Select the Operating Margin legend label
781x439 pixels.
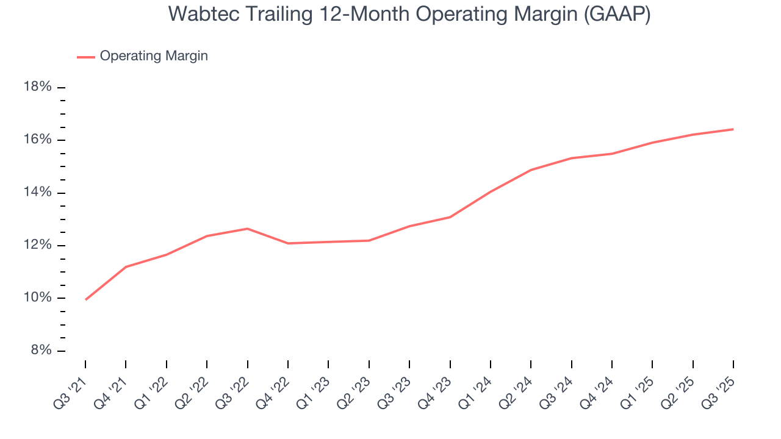pyautogui.click(x=154, y=56)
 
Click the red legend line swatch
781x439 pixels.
pyautogui.click(x=85, y=57)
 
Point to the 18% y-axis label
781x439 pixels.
pyautogui.click(x=37, y=87)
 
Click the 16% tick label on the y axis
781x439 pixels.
pyautogui.click(x=37, y=140)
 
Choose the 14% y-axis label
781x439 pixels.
pyautogui.click(x=37, y=193)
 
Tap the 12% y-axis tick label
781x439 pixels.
pyautogui.click(x=37, y=245)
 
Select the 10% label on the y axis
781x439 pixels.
pyautogui.click(x=37, y=298)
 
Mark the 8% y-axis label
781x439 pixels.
pyautogui.click(x=40, y=351)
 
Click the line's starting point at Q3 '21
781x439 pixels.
pyautogui.click(x=85, y=299)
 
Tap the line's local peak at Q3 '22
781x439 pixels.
pyautogui.click(x=247, y=229)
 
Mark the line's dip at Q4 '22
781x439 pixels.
pyautogui.click(x=288, y=243)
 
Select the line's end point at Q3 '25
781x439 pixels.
pyautogui.click(x=733, y=129)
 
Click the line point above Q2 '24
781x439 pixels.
pyautogui.click(x=531, y=170)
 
